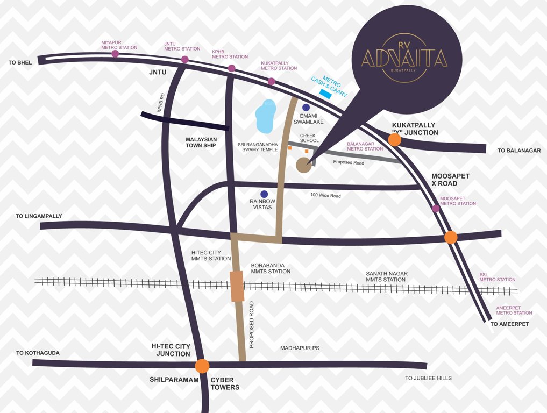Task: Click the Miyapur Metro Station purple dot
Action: coord(115,54)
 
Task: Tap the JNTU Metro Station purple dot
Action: coord(184,59)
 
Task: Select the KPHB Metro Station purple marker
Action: coord(231,68)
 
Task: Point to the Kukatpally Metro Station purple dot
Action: coord(272,81)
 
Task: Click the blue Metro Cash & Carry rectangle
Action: coord(325,94)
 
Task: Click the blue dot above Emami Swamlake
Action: coord(306,108)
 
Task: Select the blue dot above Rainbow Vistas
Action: coord(264,194)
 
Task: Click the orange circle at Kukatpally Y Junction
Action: coord(394,140)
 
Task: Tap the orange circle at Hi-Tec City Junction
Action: coord(202,366)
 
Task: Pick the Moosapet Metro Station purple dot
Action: coord(436,209)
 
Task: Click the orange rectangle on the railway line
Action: coord(237,286)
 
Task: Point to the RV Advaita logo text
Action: coord(404,57)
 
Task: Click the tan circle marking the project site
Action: coord(304,165)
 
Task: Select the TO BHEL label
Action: coord(20,63)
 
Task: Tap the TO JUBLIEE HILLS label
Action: coord(428,378)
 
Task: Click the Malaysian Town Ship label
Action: coord(201,143)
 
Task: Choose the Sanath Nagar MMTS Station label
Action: coord(386,277)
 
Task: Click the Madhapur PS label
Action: coord(300,348)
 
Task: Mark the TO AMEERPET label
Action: coord(509,324)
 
